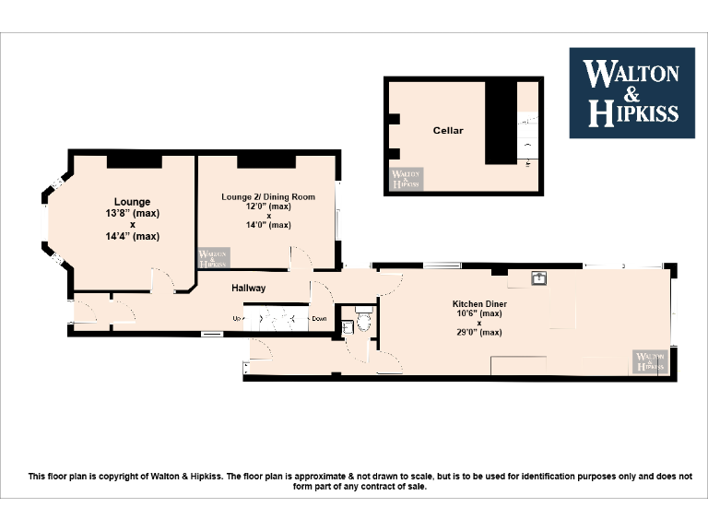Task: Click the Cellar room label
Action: click(448, 131)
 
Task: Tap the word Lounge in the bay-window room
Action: click(132, 202)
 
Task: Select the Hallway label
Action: click(248, 289)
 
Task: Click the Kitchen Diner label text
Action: click(478, 303)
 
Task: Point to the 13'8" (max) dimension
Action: click(132, 213)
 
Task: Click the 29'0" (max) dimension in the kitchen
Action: click(478, 332)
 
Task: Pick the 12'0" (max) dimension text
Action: click(268, 206)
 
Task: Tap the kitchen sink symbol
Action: click(539, 277)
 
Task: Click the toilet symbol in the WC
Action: click(363, 322)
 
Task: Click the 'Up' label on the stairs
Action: click(236, 319)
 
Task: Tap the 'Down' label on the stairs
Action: click(318, 319)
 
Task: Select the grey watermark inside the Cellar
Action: click(406, 179)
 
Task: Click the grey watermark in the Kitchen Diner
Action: click(649, 361)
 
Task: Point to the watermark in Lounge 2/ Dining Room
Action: click(214, 258)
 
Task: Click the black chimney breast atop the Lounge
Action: click(135, 161)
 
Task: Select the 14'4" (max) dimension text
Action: click(132, 236)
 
